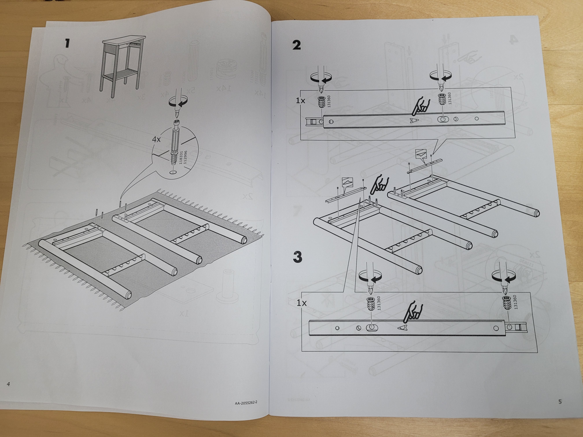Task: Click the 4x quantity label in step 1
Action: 156,139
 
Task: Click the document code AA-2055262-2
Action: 246,403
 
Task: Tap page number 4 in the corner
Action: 8,384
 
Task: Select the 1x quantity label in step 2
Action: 300,100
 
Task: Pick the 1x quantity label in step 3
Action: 301,303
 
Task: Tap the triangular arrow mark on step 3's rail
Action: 402,327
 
